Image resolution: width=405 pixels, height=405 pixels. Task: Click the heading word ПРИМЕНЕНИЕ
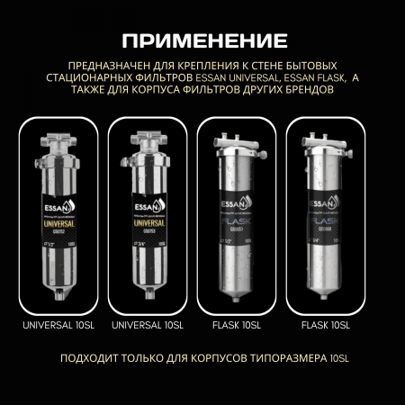pyautogui.click(x=202, y=40)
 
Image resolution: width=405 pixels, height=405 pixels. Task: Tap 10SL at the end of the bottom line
pyautogui.click(x=337, y=357)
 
